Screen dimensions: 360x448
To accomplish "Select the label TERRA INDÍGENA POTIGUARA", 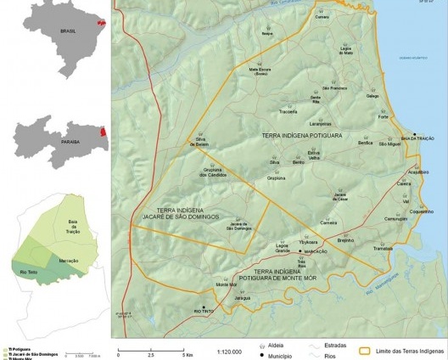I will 302,135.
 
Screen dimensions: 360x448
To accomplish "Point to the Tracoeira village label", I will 288,111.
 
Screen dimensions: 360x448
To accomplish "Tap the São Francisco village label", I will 334,87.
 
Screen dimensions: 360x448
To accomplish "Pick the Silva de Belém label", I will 201,143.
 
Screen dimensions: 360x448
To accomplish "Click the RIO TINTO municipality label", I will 204,312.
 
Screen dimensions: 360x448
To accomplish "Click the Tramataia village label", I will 383,249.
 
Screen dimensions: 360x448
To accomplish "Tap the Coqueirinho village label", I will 422,211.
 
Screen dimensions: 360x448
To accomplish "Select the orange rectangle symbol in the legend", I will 366,350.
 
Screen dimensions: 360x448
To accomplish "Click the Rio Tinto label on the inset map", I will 28,271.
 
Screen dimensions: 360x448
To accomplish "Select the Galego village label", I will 372,96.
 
